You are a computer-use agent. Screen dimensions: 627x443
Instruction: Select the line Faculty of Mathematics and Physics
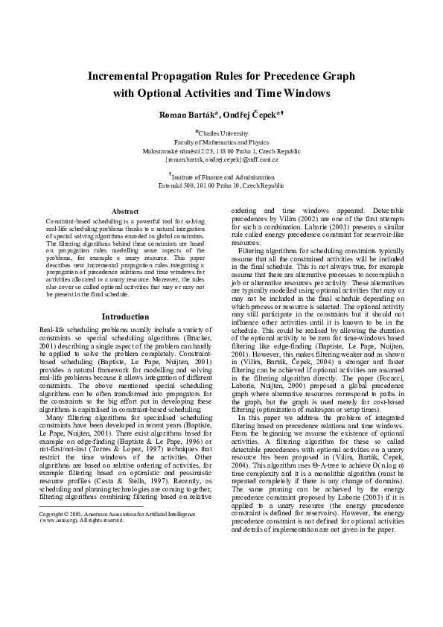(221, 141)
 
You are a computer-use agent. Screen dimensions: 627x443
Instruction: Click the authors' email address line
(221, 159)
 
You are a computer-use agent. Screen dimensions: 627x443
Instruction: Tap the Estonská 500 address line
(221, 186)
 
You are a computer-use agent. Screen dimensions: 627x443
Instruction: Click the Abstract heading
(125, 211)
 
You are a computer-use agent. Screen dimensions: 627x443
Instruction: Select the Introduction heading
(125, 316)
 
